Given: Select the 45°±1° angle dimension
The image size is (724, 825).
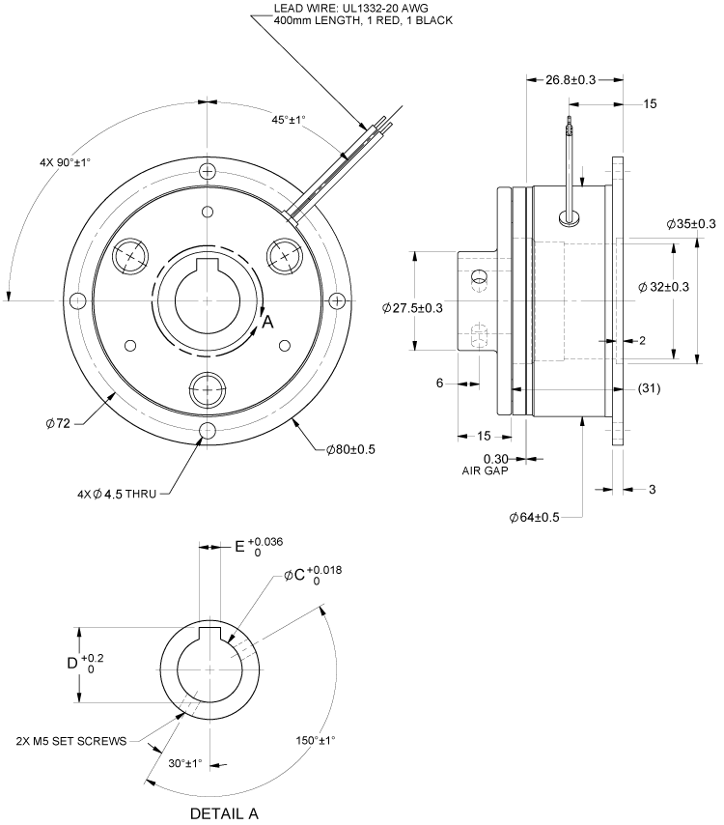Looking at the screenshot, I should [x=288, y=120].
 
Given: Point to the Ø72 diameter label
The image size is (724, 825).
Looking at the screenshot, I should [x=59, y=423].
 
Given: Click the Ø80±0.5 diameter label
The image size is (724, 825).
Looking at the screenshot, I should [x=352, y=450].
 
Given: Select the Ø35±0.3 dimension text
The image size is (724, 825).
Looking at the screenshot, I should [x=691, y=224].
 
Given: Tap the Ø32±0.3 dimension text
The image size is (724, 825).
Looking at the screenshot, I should [x=663, y=286].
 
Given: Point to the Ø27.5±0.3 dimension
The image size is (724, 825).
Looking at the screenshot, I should [x=412, y=307].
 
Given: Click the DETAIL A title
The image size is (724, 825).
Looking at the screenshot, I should [x=224, y=812].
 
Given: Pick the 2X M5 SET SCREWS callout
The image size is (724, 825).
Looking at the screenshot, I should [x=71, y=742].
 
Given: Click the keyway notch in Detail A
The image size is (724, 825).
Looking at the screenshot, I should [x=209, y=633].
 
